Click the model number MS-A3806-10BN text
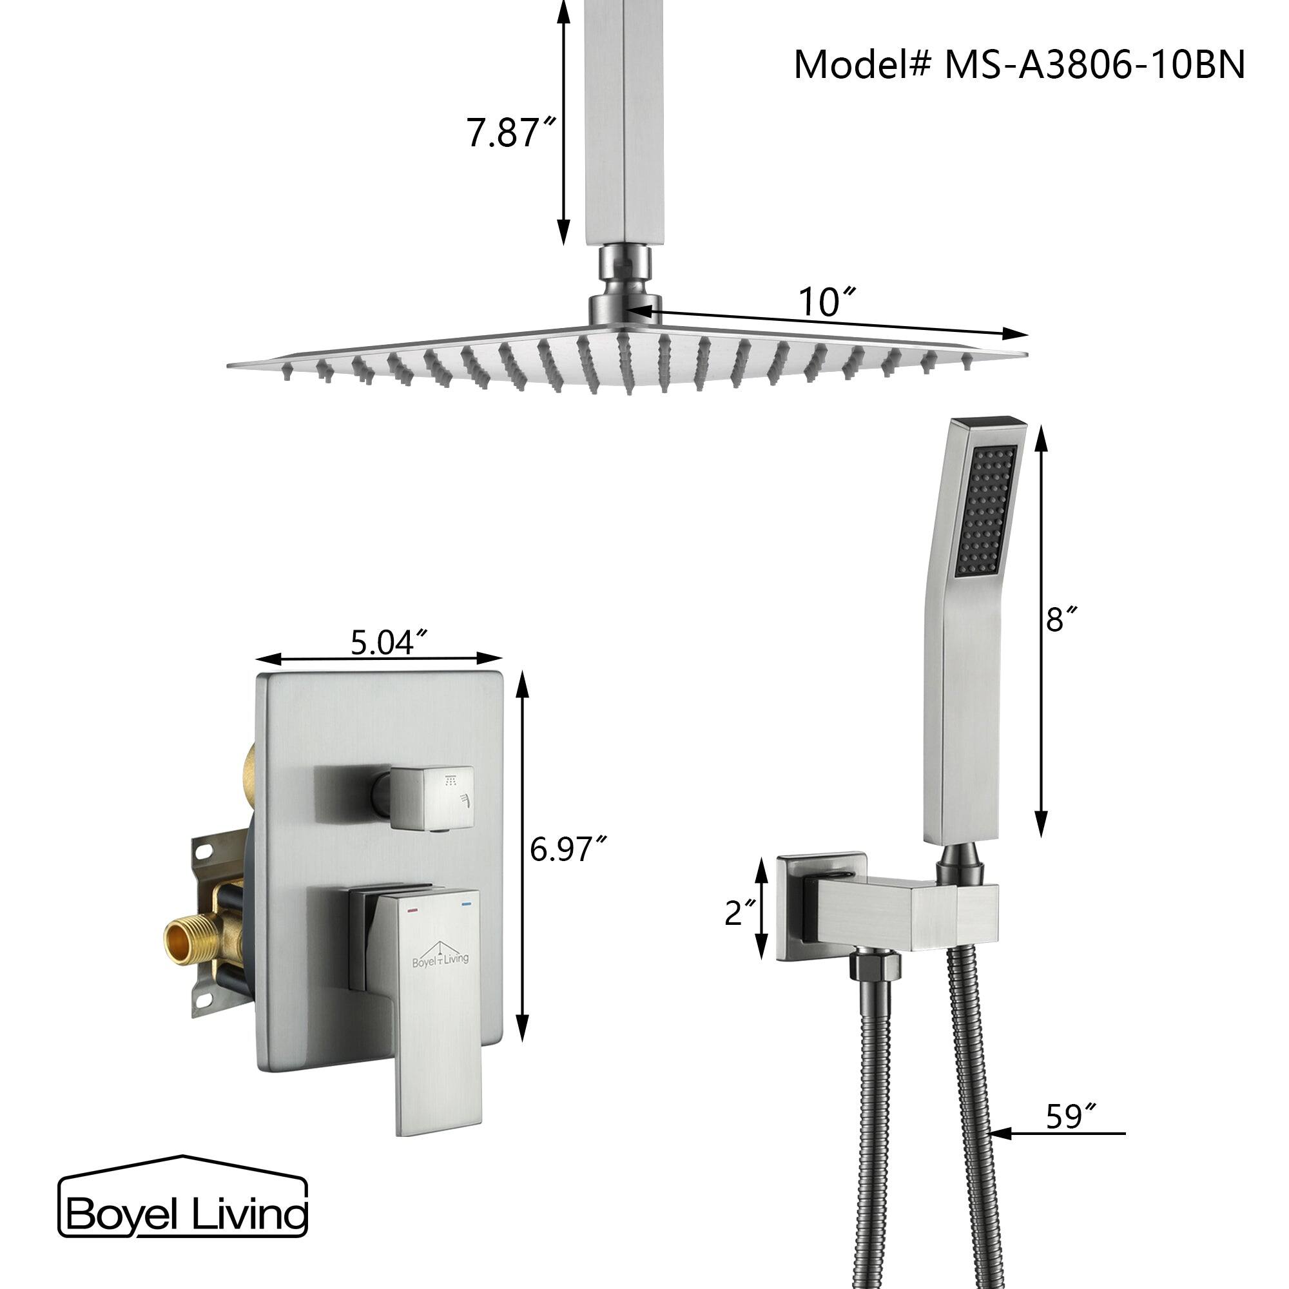pyautogui.click(x=1019, y=65)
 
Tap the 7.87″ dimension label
pyautogui.click(x=511, y=133)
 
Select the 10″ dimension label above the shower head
pyautogui.click(x=827, y=302)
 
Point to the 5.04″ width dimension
pyautogui.click(x=389, y=643)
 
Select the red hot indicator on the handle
pyautogui.click(x=412, y=909)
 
